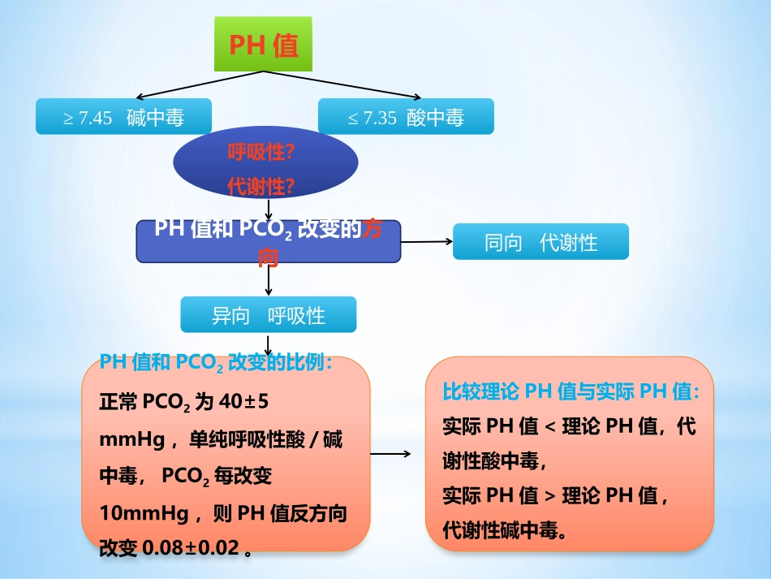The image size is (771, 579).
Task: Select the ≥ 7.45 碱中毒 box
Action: [123, 117]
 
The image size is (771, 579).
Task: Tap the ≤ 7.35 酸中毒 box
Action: [406, 117]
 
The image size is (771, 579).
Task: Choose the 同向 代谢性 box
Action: [541, 242]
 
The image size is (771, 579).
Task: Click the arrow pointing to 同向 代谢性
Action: [427, 241]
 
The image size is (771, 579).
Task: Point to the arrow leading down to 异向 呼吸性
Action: [269, 280]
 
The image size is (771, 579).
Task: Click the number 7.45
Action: [96, 119]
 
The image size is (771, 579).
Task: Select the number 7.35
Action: [380, 119]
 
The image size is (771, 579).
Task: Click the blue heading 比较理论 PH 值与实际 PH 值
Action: [570, 391]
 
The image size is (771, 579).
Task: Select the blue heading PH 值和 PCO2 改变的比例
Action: [215, 363]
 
